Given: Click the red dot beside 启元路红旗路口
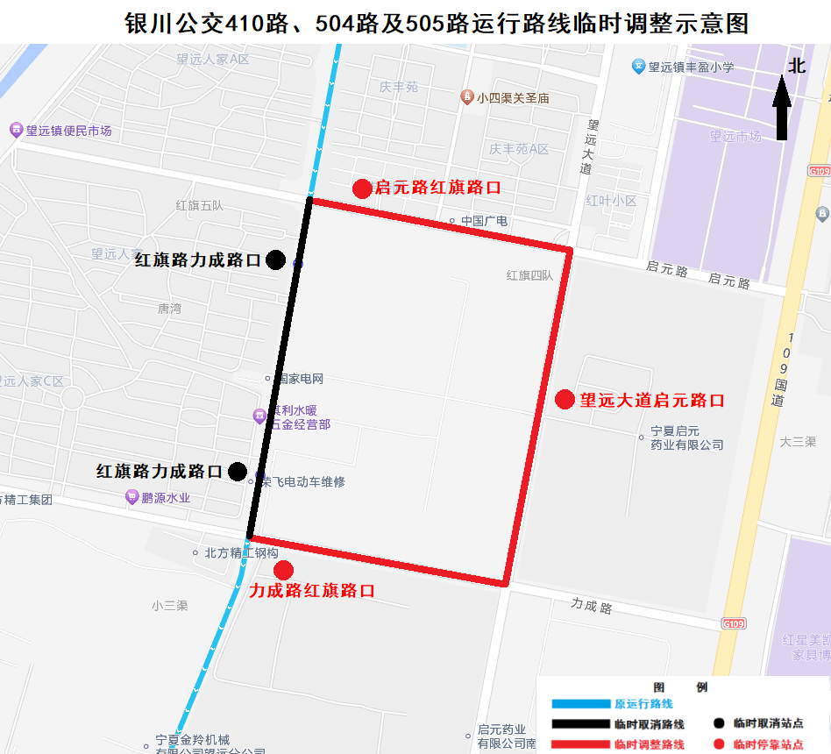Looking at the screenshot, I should point(362,188).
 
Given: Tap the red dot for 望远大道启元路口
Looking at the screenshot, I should point(565,400).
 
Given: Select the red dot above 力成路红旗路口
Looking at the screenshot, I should point(283,571).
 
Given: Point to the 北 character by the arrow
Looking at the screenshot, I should point(796,67).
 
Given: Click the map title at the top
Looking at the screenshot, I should point(437,23).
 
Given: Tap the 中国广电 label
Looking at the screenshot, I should point(484,221).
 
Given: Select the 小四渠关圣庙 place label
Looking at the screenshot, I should point(513,98).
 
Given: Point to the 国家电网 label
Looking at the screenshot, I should point(300,379).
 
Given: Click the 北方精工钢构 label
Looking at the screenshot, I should point(240,553).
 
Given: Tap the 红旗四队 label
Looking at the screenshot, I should point(529,275).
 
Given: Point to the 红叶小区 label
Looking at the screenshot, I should point(611,201).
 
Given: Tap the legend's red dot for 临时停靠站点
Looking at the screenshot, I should point(719,744).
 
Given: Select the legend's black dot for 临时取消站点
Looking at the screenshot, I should point(719,724).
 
